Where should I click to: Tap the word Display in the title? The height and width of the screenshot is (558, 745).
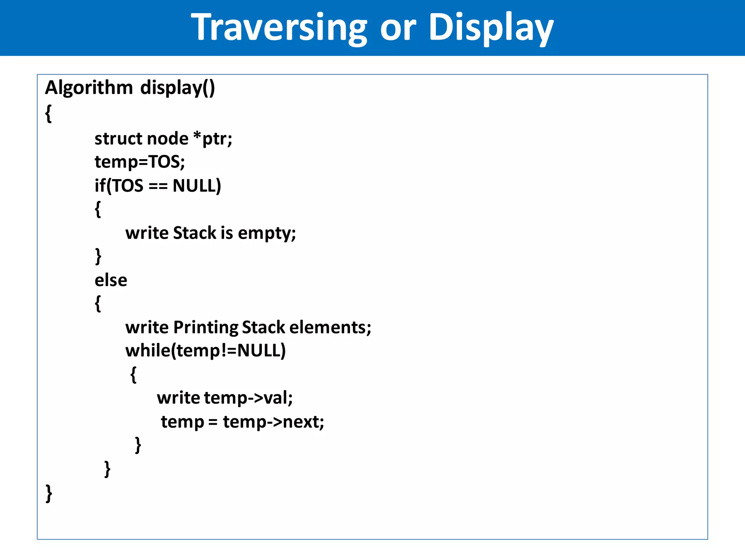[491, 28]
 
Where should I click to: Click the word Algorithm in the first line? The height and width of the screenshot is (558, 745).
[89, 88]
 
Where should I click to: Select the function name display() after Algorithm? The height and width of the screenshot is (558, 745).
[178, 88]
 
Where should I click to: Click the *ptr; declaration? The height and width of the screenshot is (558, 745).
[213, 139]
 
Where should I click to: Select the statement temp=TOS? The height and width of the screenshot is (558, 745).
[140, 162]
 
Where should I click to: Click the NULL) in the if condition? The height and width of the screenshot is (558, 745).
[197, 186]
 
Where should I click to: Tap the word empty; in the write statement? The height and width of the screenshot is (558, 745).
[267, 233]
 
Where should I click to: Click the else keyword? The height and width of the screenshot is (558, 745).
[111, 280]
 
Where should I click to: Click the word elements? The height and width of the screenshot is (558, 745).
[330, 327]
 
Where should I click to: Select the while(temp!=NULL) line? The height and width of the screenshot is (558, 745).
[206, 351]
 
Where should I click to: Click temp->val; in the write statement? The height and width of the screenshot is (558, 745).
[248, 398]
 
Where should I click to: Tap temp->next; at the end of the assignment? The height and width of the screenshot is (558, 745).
[273, 422]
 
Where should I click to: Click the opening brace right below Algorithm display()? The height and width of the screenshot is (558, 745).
[48, 113]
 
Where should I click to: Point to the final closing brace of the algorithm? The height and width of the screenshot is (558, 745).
[49, 493]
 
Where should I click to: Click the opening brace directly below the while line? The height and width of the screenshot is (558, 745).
[134, 375]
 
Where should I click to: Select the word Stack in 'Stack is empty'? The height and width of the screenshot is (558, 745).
[195, 233]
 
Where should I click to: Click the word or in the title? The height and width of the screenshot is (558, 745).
[398, 28]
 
